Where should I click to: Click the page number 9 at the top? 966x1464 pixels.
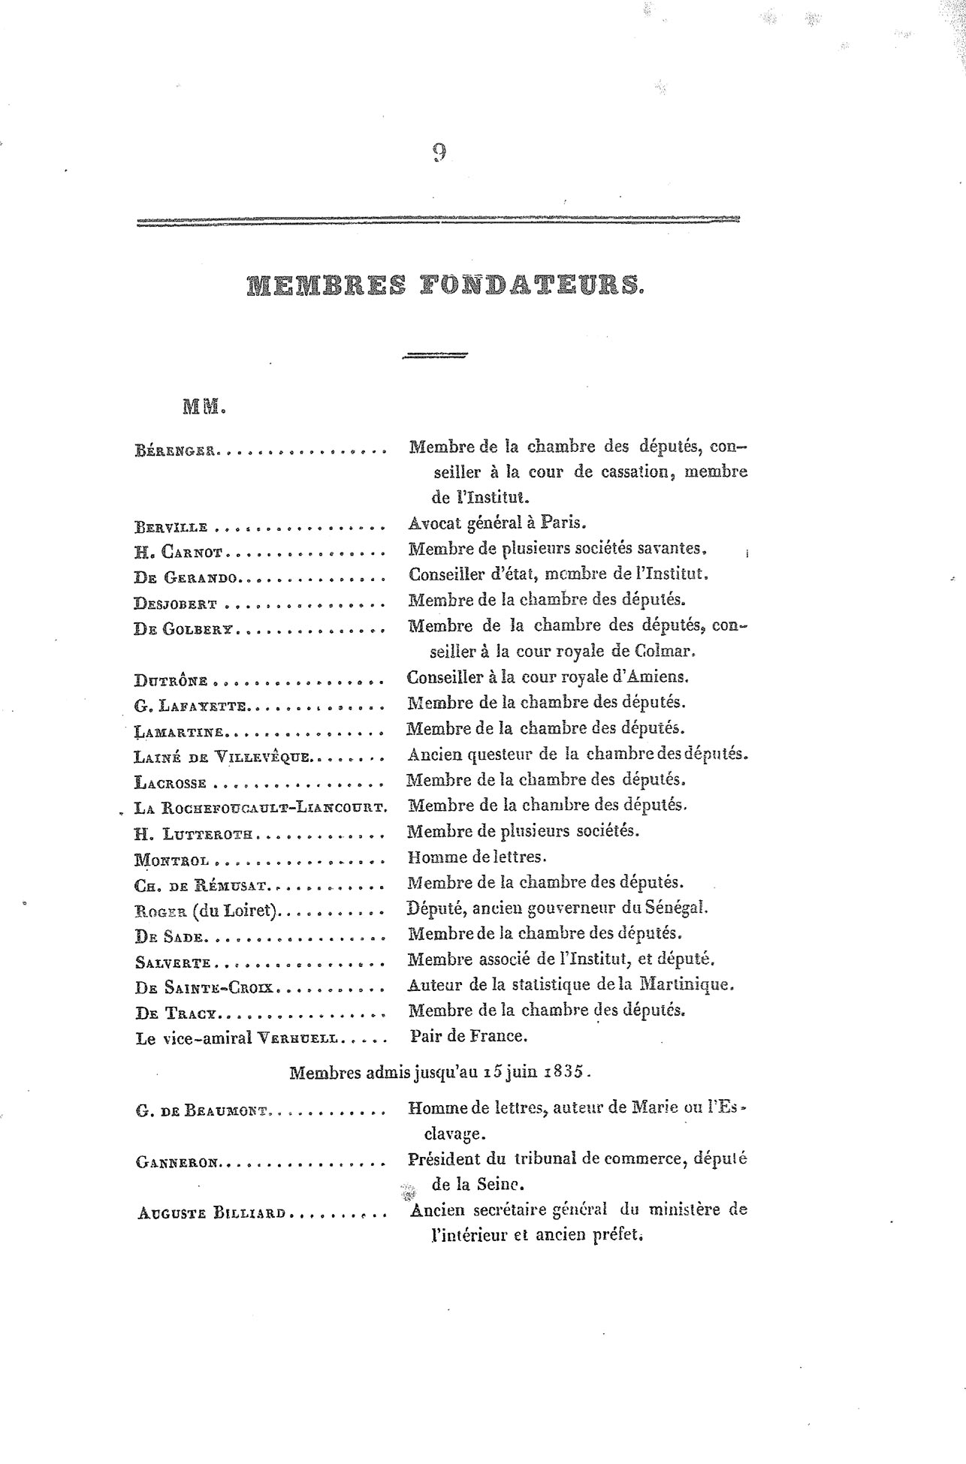tap(439, 152)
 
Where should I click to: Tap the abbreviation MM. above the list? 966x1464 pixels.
tap(204, 408)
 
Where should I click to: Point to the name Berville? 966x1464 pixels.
tap(171, 527)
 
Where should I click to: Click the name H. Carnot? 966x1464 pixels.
tap(179, 553)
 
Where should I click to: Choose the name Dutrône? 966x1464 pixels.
tap(171, 681)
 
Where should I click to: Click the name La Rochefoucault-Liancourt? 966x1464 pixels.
tap(260, 808)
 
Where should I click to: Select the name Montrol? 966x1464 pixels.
tap(172, 860)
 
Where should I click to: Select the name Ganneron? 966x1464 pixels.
tap(178, 1163)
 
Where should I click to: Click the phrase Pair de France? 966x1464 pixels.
tap(469, 1037)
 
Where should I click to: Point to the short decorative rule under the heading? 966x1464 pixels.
tap(435, 357)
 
